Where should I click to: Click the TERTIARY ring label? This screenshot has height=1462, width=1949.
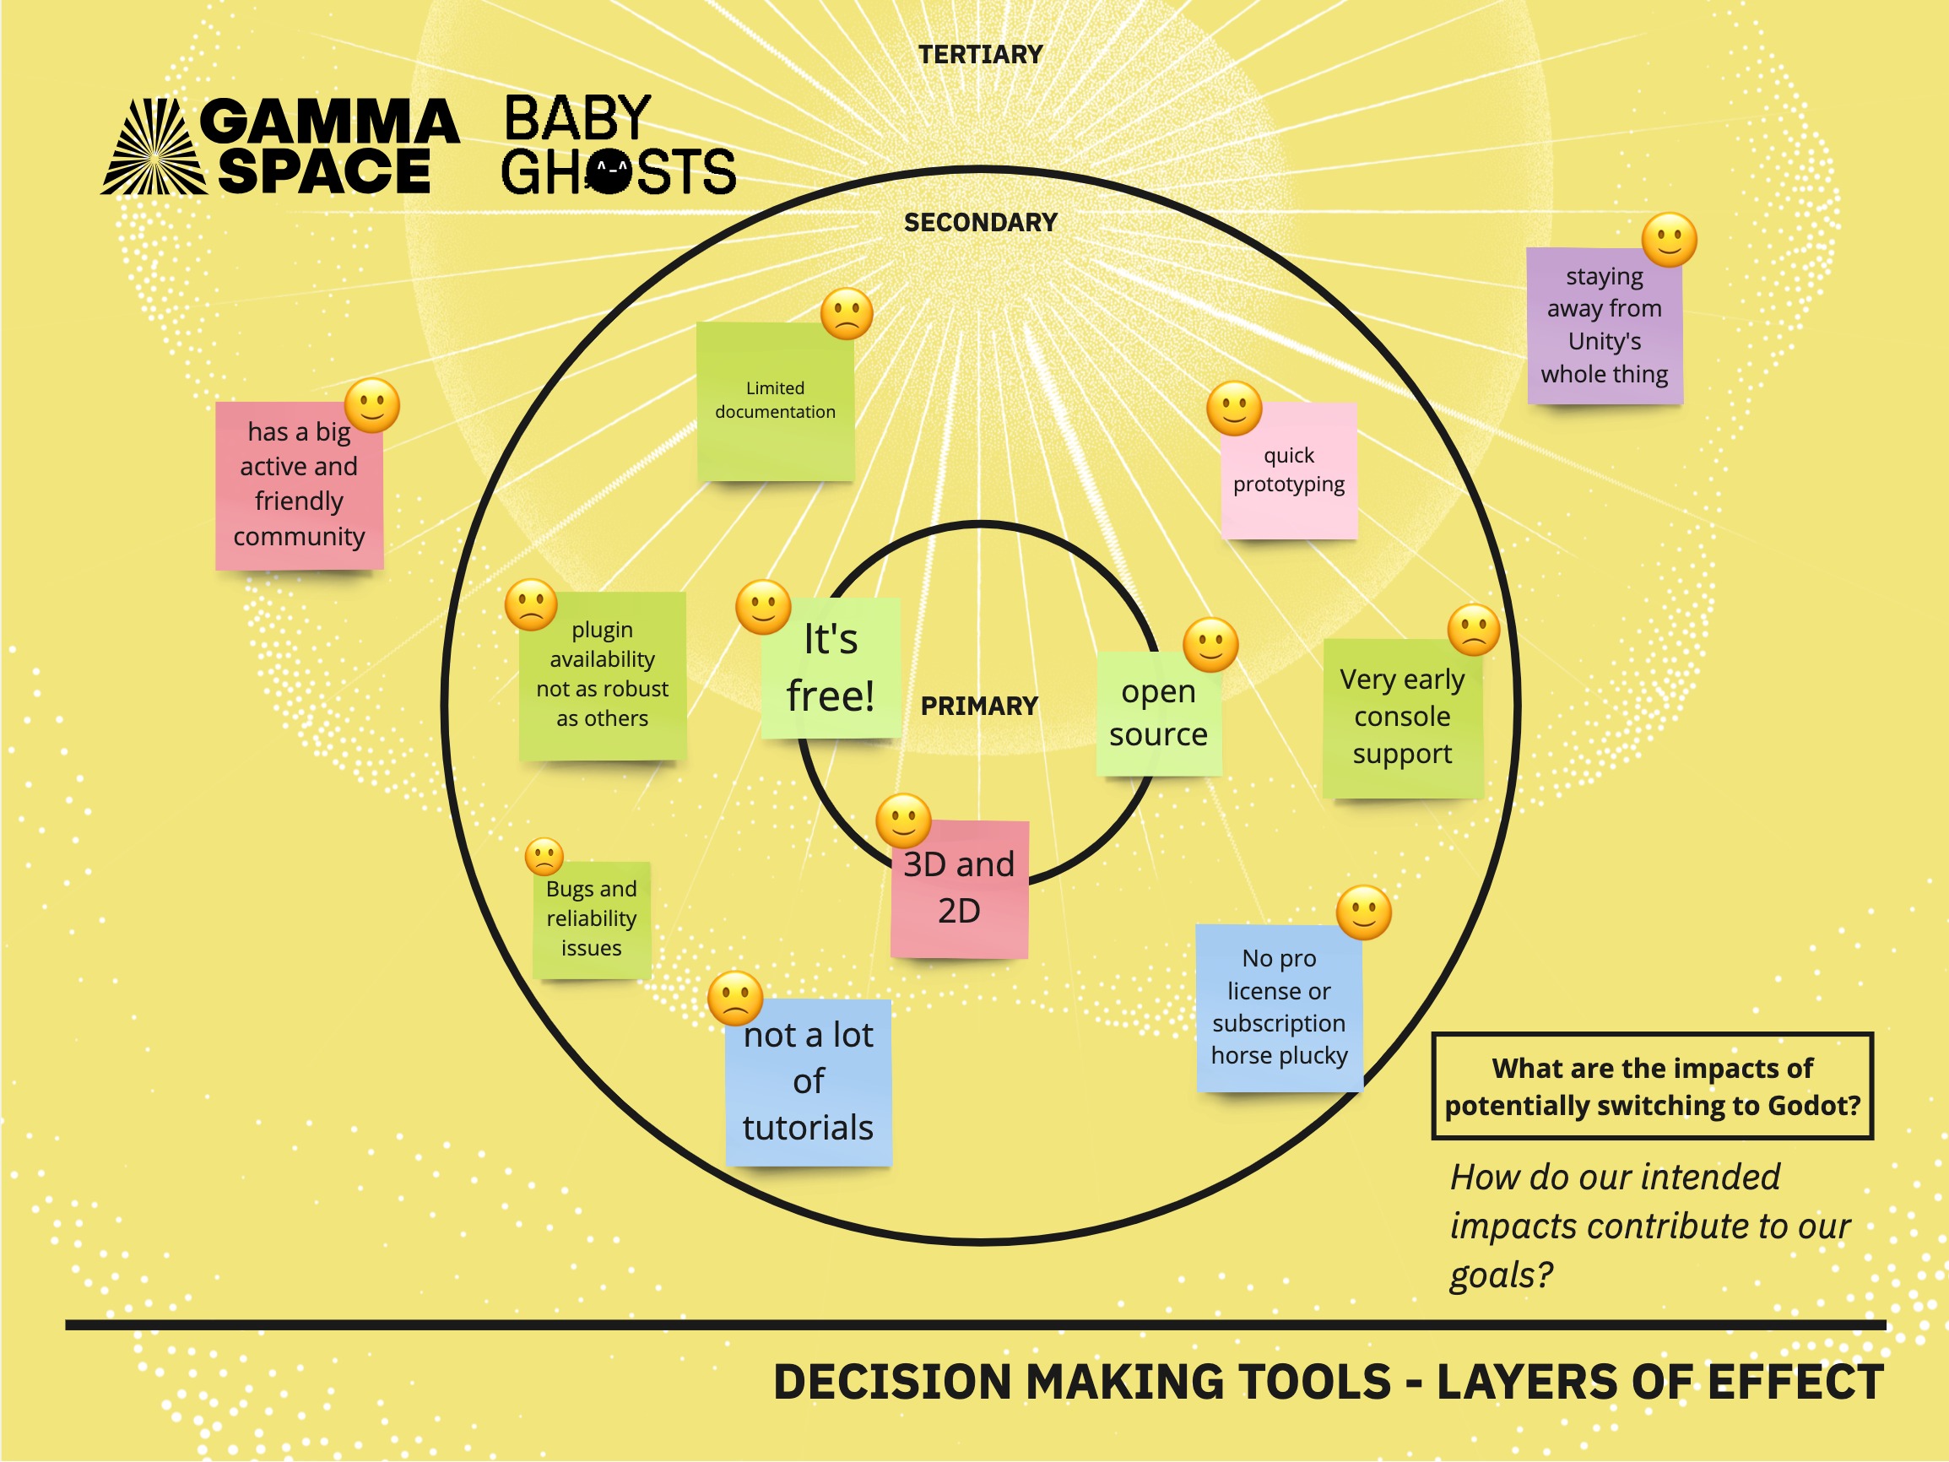pos(980,55)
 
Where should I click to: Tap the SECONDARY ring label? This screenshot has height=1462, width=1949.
pos(980,223)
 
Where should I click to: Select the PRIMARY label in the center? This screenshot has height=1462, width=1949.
pos(979,706)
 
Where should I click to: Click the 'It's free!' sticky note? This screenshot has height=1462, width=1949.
pos(830,668)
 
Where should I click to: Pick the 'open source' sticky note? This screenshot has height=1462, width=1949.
pos(1158,714)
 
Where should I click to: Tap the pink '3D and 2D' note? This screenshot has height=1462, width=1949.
pos(959,888)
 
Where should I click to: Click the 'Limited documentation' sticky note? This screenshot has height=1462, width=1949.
pos(775,402)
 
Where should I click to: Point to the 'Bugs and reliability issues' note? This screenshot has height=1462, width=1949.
pos(591,919)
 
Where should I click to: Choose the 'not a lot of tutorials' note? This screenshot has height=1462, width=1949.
pos(808,1082)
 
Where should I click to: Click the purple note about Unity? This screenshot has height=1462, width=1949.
pos(1604,326)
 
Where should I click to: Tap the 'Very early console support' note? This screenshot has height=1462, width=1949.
pos(1402,717)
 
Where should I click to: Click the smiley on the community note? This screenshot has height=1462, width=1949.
pos(372,405)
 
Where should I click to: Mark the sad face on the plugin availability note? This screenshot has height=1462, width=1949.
pos(530,604)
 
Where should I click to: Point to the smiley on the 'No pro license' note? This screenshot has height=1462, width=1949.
pos(1363,912)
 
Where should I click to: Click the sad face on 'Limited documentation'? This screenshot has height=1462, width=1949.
pos(846,314)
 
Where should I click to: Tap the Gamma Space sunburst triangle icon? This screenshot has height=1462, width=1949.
pos(155,148)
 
